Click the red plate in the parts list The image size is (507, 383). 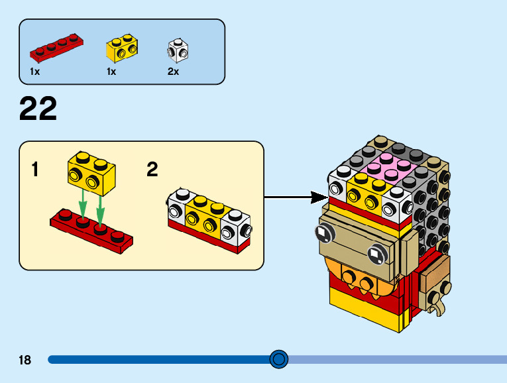pyautogui.click(x=56, y=46)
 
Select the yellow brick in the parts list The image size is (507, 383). pyautogui.click(x=122, y=48)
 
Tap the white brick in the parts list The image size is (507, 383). pyautogui.click(x=178, y=49)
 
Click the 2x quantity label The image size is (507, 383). pyautogui.click(x=173, y=72)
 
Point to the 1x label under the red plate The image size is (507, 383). pyautogui.click(x=34, y=72)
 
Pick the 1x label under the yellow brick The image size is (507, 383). pyautogui.click(x=111, y=72)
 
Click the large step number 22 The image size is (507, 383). pyautogui.click(x=38, y=109)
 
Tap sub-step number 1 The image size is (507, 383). pyautogui.click(x=35, y=170)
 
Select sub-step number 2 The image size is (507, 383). pyautogui.click(x=152, y=170)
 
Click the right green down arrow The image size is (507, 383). pyautogui.click(x=101, y=207)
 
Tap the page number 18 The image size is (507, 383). pyautogui.click(x=25, y=360)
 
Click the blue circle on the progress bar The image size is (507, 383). pyautogui.click(x=279, y=359)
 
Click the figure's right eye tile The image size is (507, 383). pyautogui.click(x=375, y=254)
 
